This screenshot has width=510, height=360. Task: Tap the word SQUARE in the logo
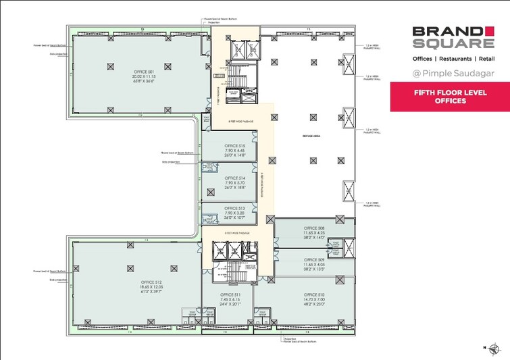click(453, 43)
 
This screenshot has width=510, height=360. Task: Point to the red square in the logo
click(490, 30)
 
